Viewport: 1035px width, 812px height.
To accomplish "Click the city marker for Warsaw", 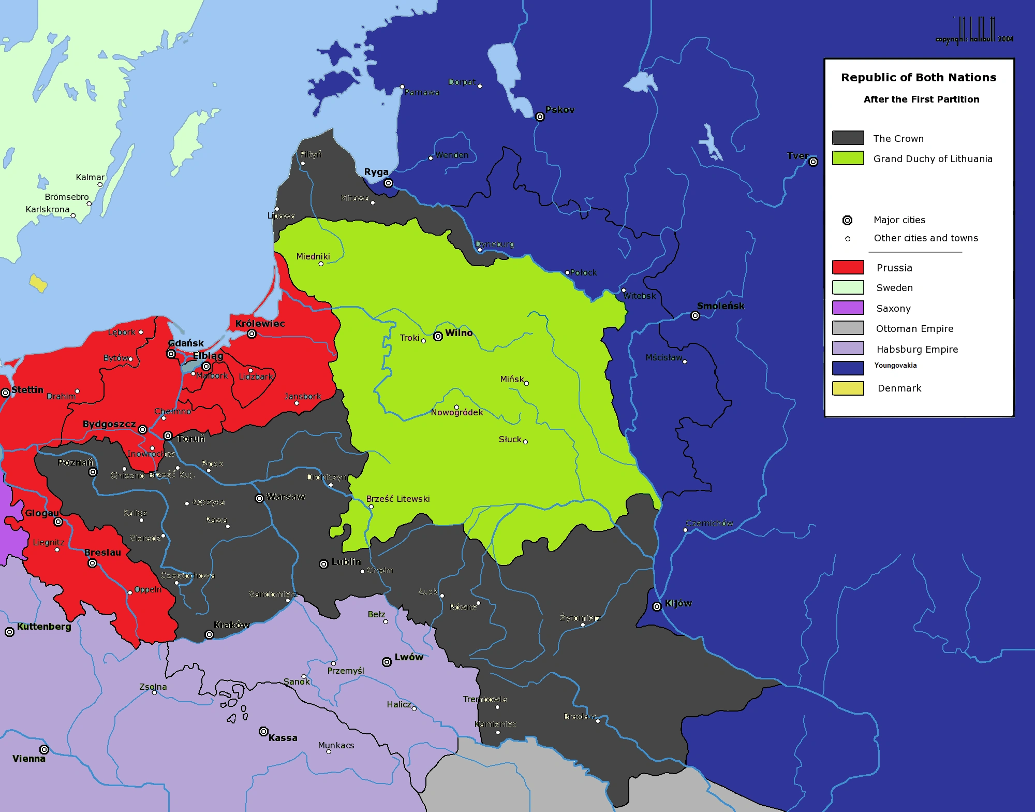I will coord(259,498).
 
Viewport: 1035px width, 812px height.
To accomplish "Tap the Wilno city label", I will coord(459,333).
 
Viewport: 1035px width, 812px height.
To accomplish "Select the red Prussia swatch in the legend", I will coord(848,267).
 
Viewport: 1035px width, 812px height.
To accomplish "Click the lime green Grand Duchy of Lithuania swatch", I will coord(848,158).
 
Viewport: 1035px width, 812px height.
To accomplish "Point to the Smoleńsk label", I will coord(720,306).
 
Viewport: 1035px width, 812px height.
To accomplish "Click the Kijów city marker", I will coord(657,606).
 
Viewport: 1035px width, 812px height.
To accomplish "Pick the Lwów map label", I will coord(409,657).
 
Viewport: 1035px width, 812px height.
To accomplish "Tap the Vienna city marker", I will coord(44,749).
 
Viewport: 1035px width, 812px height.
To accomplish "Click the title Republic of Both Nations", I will coord(919,78).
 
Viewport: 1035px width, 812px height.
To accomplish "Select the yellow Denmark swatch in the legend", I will coord(848,388).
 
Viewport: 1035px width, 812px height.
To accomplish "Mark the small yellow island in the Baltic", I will coord(38,283).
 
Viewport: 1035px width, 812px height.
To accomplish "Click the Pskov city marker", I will coord(540,117).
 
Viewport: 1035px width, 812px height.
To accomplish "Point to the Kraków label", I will coord(231,625).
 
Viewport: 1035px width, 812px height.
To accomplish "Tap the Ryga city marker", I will coord(388,183).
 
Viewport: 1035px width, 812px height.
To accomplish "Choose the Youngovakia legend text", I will coord(895,365).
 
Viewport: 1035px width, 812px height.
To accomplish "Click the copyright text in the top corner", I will coord(974,39).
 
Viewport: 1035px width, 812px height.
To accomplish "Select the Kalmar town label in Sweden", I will coord(90,177).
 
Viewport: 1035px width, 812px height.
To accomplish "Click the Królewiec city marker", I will coord(252,334).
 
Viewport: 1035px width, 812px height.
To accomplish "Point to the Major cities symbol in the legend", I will coord(847,220).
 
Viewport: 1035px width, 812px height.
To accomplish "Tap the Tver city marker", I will coord(813,162).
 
